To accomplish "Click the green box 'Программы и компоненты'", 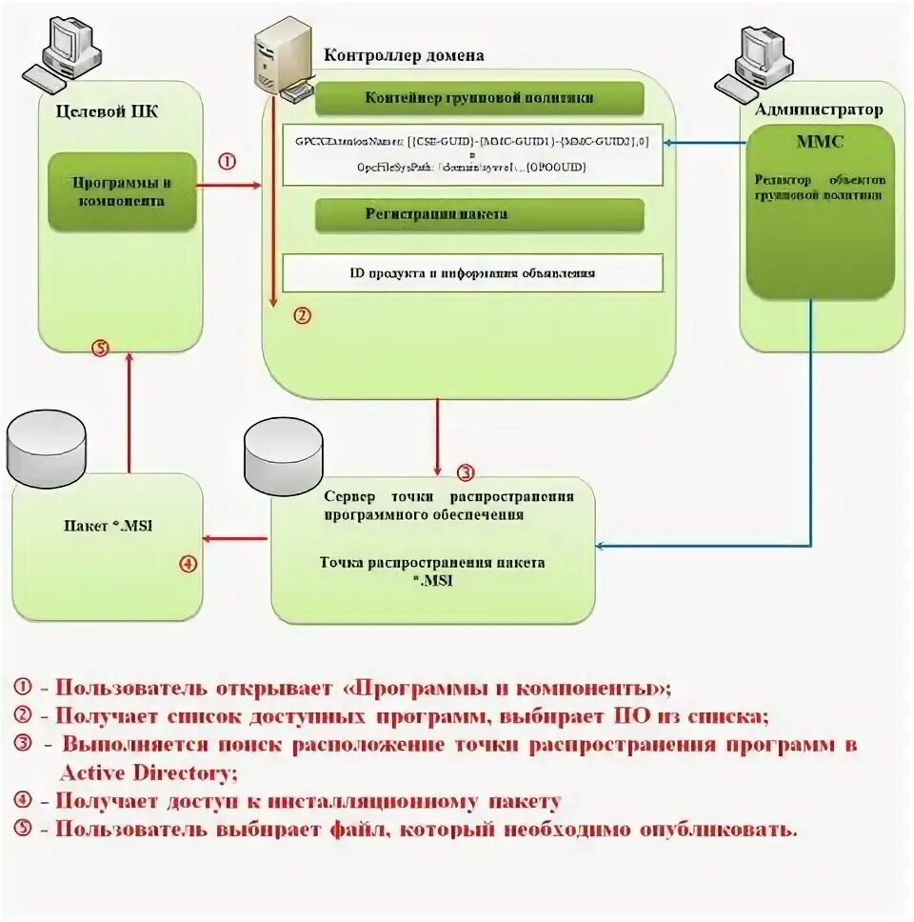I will click(x=122, y=191).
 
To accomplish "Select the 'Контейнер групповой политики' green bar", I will click(x=480, y=98).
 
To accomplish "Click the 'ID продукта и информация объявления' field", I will click(x=472, y=272).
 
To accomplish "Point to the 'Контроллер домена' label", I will click(x=404, y=55).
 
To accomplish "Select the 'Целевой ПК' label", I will click(x=108, y=111).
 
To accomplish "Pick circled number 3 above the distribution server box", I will click(x=465, y=472).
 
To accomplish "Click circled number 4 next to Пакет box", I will click(x=189, y=563).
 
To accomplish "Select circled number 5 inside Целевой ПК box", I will click(x=100, y=348).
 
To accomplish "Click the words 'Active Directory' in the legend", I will click(x=148, y=772).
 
